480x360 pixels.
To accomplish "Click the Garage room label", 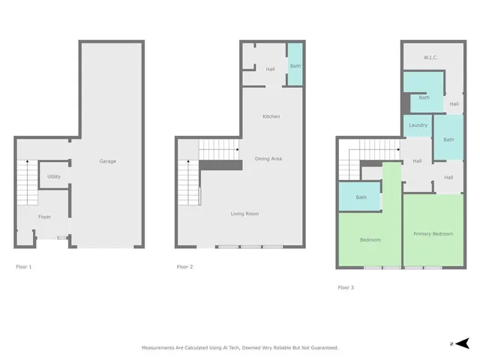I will pyautogui.click(x=108, y=161).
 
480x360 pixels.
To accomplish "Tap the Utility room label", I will pyautogui.click(x=54, y=177).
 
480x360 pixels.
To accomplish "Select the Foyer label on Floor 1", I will pyautogui.click(x=46, y=217).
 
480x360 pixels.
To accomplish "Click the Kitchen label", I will pyautogui.click(x=271, y=116).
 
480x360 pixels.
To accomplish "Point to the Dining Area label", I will pyautogui.click(x=268, y=158).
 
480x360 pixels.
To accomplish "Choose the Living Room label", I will pyautogui.click(x=244, y=214).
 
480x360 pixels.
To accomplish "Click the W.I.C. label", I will pyautogui.click(x=430, y=57).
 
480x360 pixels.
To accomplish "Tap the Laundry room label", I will pyautogui.click(x=418, y=124).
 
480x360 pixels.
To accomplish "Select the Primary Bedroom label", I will pyautogui.click(x=433, y=234).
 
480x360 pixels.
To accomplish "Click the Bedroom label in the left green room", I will pyautogui.click(x=370, y=240).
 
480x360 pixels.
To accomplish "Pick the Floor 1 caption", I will pyautogui.click(x=24, y=266).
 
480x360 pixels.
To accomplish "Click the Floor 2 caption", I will pyautogui.click(x=185, y=266).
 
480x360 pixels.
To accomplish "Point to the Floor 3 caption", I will pyautogui.click(x=346, y=287).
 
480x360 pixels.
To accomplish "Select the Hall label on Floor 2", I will pyautogui.click(x=270, y=70).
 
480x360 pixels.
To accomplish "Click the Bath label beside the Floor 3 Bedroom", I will pyautogui.click(x=361, y=197).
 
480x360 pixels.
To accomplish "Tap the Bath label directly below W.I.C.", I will pyautogui.click(x=424, y=97).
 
